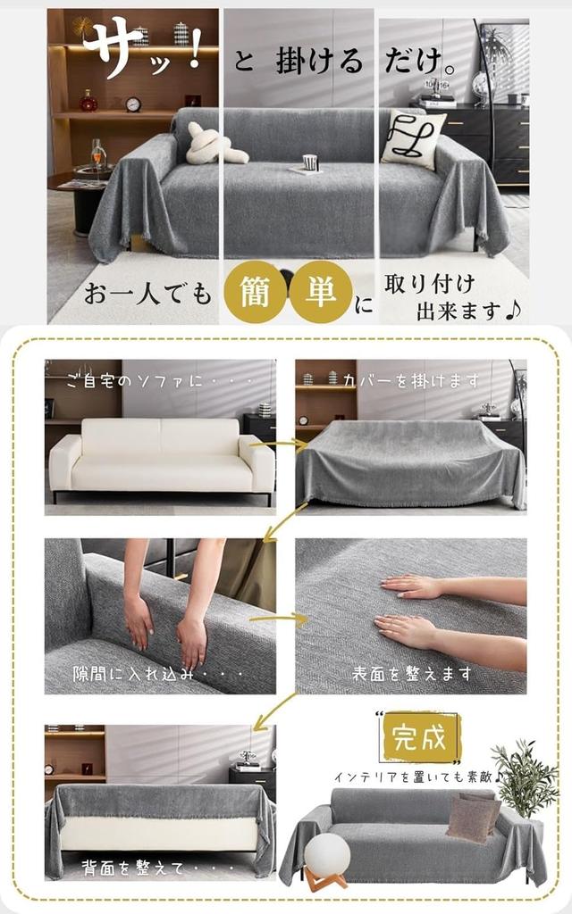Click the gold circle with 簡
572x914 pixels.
click(x=254, y=291)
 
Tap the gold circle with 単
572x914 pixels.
click(x=320, y=291)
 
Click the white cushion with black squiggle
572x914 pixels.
click(x=413, y=139)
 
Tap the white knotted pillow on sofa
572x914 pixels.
click(x=214, y=145)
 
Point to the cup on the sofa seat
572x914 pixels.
click(x=310, y=162)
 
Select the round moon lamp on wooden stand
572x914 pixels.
click(x=326, y=856)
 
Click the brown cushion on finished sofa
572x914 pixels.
click(x=473, y=816)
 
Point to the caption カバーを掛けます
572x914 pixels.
click(x=411, y=381)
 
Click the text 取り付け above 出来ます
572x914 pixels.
click(x=429, y=284)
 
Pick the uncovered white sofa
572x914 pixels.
click(x=161, y=457)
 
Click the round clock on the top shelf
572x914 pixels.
click(x=133, y=104)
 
